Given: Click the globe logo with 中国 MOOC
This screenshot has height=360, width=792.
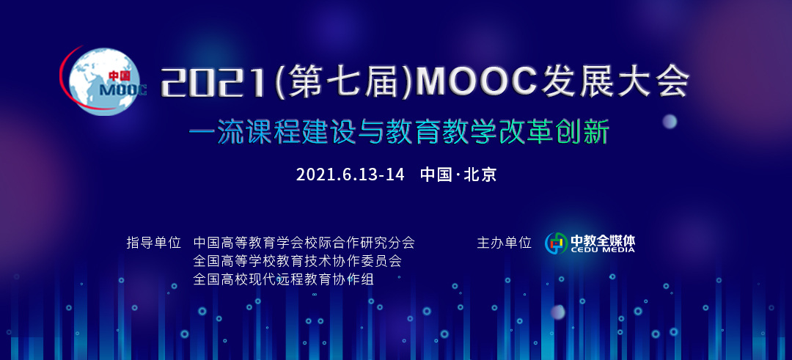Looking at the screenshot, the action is click(103, 81).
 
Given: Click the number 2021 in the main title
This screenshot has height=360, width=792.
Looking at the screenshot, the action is click(213, 82).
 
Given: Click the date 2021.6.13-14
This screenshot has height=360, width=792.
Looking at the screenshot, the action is click(350, 175).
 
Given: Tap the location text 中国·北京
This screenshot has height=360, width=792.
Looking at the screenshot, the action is click(458, 175).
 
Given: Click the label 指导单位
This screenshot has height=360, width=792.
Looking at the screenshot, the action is click(153, 243).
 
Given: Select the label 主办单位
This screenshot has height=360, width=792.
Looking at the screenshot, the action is click(504, 243).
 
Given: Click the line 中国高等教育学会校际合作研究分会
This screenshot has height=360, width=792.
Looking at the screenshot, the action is click(304, 243).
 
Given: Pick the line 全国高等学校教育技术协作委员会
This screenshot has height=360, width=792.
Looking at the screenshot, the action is click(298, 261).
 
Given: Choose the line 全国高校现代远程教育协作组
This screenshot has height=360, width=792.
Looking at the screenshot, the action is click(284, 279).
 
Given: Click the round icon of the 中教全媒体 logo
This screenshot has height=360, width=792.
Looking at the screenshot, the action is click(556, 243).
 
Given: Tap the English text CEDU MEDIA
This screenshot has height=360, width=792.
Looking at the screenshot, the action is click(603, 249).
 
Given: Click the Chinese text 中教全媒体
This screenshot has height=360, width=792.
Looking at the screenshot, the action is click(603, 239).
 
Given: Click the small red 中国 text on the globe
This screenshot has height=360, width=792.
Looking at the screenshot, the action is click(120, 76).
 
